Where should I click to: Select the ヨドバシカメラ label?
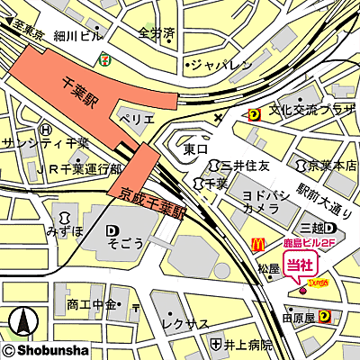pos(265,200)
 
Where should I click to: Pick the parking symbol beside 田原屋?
pos(323,316)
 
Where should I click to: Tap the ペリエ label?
pos(138,117)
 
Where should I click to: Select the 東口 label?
pos(195,148)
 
